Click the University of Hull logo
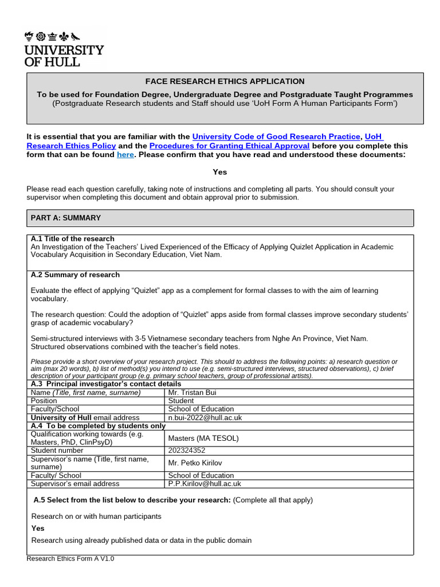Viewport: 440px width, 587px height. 64,49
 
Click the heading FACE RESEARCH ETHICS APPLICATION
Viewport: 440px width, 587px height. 225,81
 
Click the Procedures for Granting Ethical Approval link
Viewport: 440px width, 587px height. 229,146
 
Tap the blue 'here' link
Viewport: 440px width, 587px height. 125,155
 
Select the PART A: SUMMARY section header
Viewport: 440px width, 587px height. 66,218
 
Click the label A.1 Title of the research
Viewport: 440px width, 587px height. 73,238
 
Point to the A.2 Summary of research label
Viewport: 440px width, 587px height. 75,275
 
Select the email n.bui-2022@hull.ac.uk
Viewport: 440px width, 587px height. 205,418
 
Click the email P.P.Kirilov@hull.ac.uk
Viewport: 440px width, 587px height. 205,484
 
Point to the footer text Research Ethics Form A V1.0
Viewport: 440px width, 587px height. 70,558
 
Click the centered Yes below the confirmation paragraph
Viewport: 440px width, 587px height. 220,172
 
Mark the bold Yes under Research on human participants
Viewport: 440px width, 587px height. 38,529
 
